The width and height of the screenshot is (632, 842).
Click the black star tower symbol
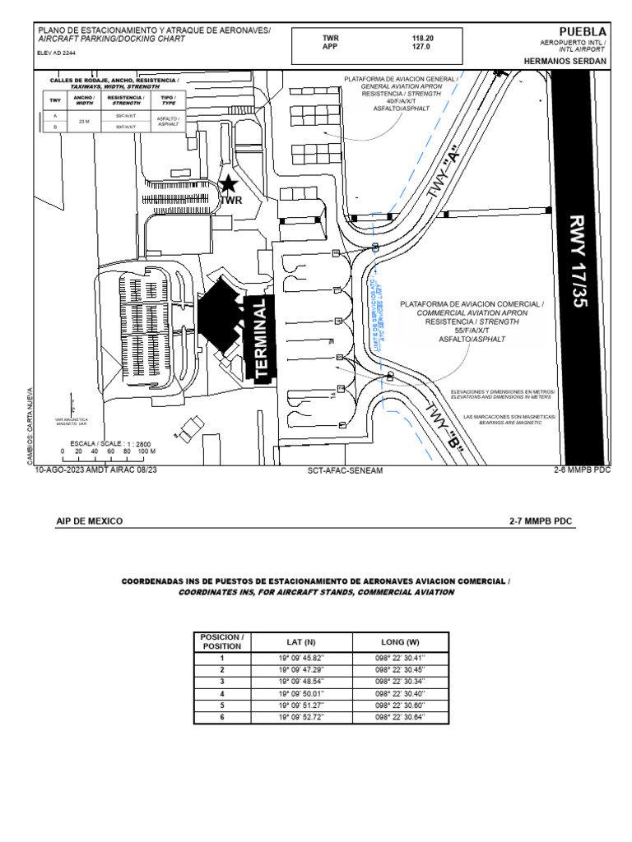229,184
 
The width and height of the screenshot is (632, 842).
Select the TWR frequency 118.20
423,39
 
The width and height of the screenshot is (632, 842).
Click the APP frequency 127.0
421,48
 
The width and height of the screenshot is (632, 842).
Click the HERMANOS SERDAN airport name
565,61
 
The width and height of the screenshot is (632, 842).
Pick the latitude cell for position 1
301,658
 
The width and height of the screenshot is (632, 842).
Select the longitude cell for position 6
400,717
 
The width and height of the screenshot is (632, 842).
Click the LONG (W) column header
400,641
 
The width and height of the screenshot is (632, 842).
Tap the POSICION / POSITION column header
221,641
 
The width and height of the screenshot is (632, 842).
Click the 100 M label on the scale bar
146,451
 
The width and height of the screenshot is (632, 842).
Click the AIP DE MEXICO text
89,521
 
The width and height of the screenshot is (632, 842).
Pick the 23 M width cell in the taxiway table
83,122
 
